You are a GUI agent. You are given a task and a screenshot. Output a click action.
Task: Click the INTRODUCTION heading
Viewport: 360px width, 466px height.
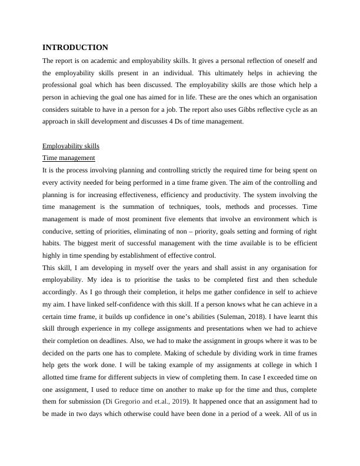[75, 47]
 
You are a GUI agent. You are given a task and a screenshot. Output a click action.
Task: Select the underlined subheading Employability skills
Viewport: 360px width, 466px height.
[71, 146]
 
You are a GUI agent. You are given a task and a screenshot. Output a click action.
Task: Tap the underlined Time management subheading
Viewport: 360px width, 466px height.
[69, 158]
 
